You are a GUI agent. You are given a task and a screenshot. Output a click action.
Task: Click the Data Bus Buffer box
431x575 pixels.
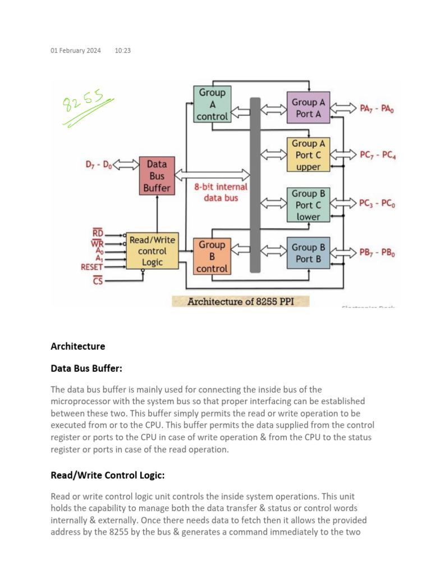click(157, 176)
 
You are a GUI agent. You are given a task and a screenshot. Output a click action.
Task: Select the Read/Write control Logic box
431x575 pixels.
click(152, 251)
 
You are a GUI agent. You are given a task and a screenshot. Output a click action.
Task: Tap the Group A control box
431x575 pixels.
click(212, 104)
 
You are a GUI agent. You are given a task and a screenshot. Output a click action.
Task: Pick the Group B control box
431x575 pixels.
click(212, 257)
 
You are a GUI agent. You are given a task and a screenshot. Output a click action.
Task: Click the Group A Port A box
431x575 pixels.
click(308, 108)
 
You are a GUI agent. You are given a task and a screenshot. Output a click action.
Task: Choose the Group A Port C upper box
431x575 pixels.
click(308, 155)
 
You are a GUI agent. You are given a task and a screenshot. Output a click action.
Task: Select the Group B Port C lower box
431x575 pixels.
click(308, 205)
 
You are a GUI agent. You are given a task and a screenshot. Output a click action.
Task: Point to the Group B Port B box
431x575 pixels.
click(308, 253)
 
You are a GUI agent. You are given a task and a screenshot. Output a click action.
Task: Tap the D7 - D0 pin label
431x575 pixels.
click(99, 165)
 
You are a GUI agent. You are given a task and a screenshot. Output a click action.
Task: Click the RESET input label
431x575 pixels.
click(91, 267)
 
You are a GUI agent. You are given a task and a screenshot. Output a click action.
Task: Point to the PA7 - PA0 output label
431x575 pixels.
click(377, 108)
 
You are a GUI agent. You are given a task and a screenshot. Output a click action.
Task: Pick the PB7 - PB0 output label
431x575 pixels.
click(377, 253)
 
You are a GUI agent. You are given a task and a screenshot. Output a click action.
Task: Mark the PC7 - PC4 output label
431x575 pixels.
click(377, 155)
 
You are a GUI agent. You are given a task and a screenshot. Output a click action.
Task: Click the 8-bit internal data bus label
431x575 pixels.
click(221, 192)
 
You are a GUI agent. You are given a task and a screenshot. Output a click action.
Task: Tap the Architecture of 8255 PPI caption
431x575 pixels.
click(240, 302)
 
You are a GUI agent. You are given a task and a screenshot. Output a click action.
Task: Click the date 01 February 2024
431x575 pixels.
click(76, 51)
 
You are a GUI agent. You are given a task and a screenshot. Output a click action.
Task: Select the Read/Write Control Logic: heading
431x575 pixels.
click(108, 476)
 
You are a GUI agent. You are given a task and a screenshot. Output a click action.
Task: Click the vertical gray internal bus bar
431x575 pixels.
click(255, 185)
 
